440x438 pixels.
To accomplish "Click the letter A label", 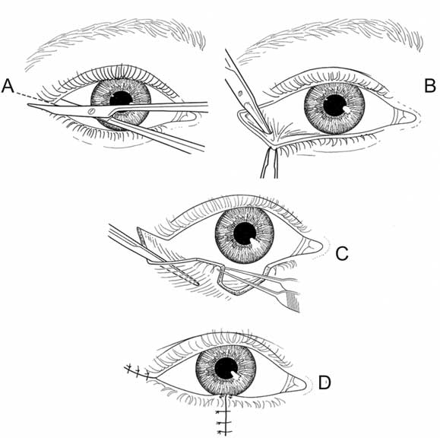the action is coord(8,86).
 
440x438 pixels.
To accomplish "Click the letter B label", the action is coord(429,86).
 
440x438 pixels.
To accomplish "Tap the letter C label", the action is coord(342,253).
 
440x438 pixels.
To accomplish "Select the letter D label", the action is coord(324,383).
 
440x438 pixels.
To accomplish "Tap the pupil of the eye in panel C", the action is coord(245,233).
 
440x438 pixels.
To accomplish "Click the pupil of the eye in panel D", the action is coord(226,369).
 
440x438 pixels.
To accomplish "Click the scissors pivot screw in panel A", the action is coord(91,110).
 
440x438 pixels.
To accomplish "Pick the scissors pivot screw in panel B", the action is coord(240,93).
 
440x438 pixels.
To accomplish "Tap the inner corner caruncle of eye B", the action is coord(405,116).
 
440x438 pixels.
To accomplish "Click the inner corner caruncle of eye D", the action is coord(298,384).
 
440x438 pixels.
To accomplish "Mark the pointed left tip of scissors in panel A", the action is coord(28,105).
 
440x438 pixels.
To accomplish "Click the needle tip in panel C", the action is coord(198,284).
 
